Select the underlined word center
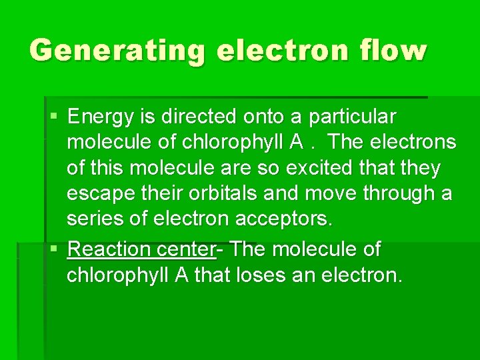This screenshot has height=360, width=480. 185,249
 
